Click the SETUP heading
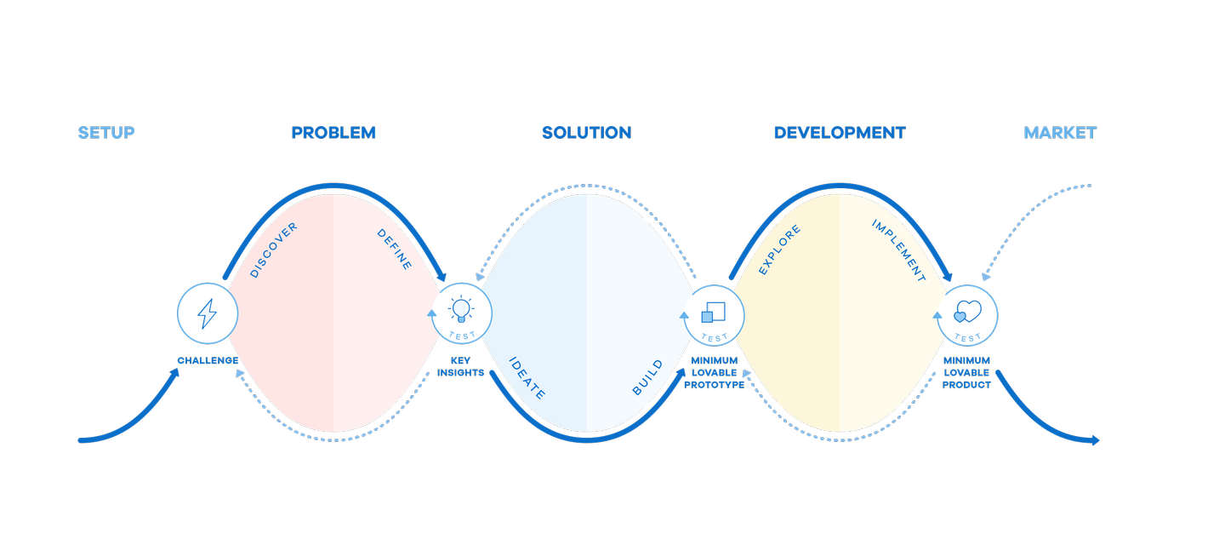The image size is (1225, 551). pos(106,133)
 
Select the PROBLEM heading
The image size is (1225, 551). pos(333,133)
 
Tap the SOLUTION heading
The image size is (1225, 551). pos(587,133)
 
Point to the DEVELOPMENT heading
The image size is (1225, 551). pos(840,133)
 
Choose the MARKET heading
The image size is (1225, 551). pos(1060,133)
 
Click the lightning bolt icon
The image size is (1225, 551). pos(208,313)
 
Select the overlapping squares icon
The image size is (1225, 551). pos(713,313)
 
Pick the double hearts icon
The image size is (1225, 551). pos(967,311)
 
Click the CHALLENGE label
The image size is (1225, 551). pos(208,360)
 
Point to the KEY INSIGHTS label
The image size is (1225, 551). pos(460,366)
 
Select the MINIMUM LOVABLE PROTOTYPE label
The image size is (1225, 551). pos(715,372)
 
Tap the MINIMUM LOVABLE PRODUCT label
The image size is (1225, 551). pos(967,372)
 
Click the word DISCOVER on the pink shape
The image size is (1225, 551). pos(273,250)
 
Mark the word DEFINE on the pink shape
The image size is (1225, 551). pos(395,250)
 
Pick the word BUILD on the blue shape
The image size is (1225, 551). pos(647,377)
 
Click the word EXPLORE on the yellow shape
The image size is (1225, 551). pos(779,250)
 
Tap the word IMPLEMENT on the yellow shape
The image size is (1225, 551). pos(899,251)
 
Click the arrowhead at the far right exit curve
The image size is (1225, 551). pos(1096,440)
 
